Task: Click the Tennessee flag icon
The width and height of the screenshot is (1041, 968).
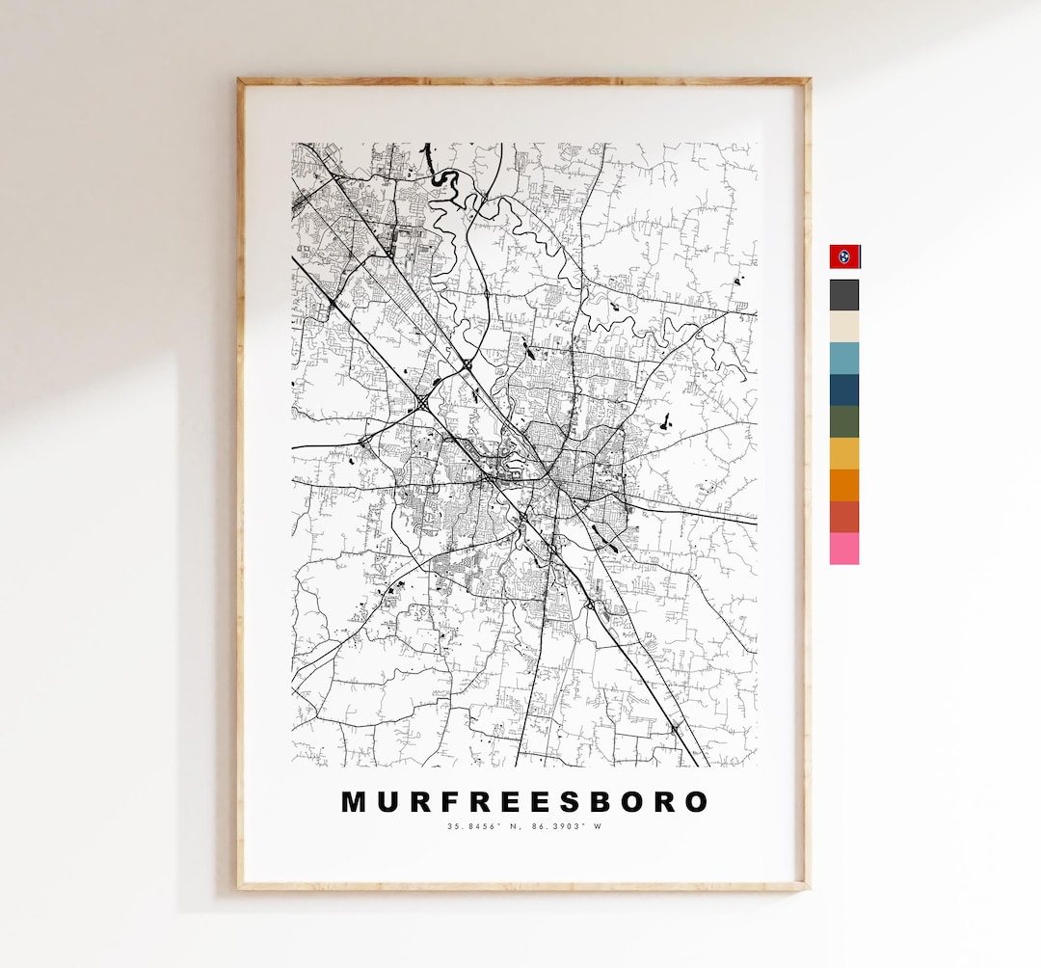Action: (844, 256)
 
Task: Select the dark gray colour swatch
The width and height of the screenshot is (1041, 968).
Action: (844, 295)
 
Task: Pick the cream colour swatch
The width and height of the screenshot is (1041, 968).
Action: (844, 327)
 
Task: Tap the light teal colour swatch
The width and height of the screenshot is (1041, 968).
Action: (844, 358)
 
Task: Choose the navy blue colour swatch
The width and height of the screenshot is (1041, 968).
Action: (844, 390)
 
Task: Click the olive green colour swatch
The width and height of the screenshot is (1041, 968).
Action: (844, 421)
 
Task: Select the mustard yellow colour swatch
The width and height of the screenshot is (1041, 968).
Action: (844, 453)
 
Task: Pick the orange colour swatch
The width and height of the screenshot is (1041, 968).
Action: (844, 485)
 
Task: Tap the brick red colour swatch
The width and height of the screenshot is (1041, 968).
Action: (844, 517)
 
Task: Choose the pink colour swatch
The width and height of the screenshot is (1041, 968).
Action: (844, 549)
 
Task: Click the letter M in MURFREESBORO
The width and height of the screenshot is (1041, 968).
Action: (354, 802)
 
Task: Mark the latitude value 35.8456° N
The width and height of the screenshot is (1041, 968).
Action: (483, 826)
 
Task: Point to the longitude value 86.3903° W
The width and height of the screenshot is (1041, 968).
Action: (564, 826)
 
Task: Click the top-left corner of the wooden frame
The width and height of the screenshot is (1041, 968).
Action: (240, 81)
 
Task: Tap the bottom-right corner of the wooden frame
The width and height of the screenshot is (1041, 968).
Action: (808, 887)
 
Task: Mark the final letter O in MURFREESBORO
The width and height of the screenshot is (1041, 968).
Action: (695, 802)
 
